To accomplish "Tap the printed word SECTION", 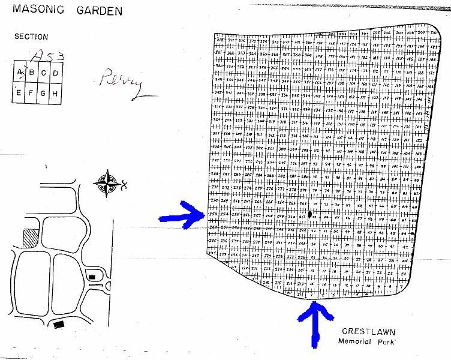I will pos(31,37).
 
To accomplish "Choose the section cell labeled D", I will pos(55,73).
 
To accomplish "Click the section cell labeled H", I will pos(55,93).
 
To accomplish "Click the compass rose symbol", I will pos(108,183).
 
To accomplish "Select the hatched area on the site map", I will pos(29,238).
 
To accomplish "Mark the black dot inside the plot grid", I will pos(310,213).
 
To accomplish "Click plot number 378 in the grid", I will pos(220,40).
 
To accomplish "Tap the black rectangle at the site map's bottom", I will pos(58,325).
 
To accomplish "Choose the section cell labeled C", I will pos(43,73).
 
